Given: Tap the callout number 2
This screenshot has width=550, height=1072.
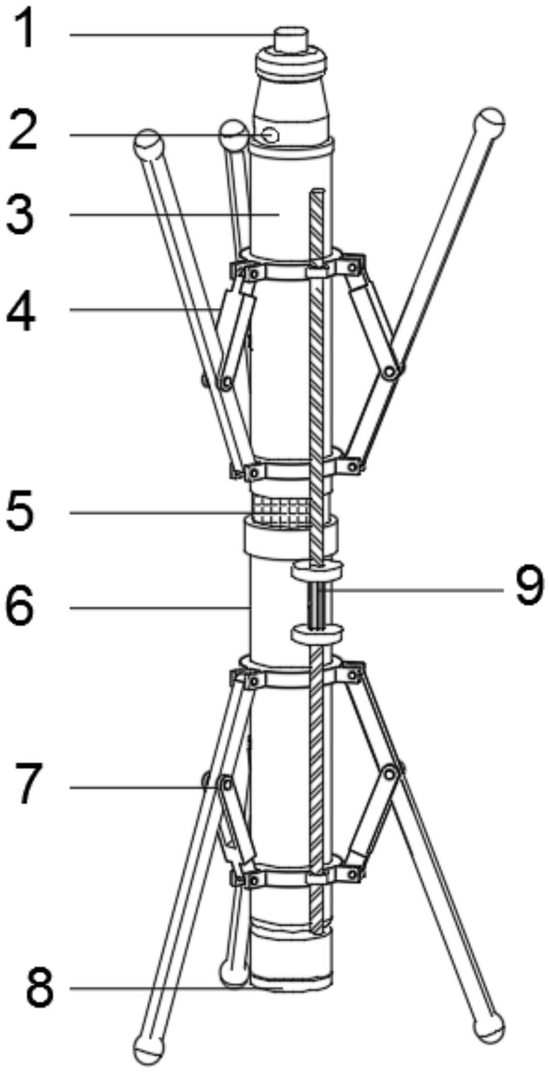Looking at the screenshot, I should (23, 132).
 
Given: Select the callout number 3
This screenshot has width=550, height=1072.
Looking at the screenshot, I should (21, 215).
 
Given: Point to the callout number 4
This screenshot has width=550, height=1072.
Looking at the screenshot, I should (21, 310).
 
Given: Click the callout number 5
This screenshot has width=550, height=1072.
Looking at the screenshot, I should (21, 513).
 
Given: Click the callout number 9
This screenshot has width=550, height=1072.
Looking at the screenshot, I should (529, 588).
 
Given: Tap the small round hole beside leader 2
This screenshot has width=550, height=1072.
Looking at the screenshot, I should (271, 135).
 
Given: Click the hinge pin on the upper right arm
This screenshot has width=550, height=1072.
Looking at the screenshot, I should (390, 372).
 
